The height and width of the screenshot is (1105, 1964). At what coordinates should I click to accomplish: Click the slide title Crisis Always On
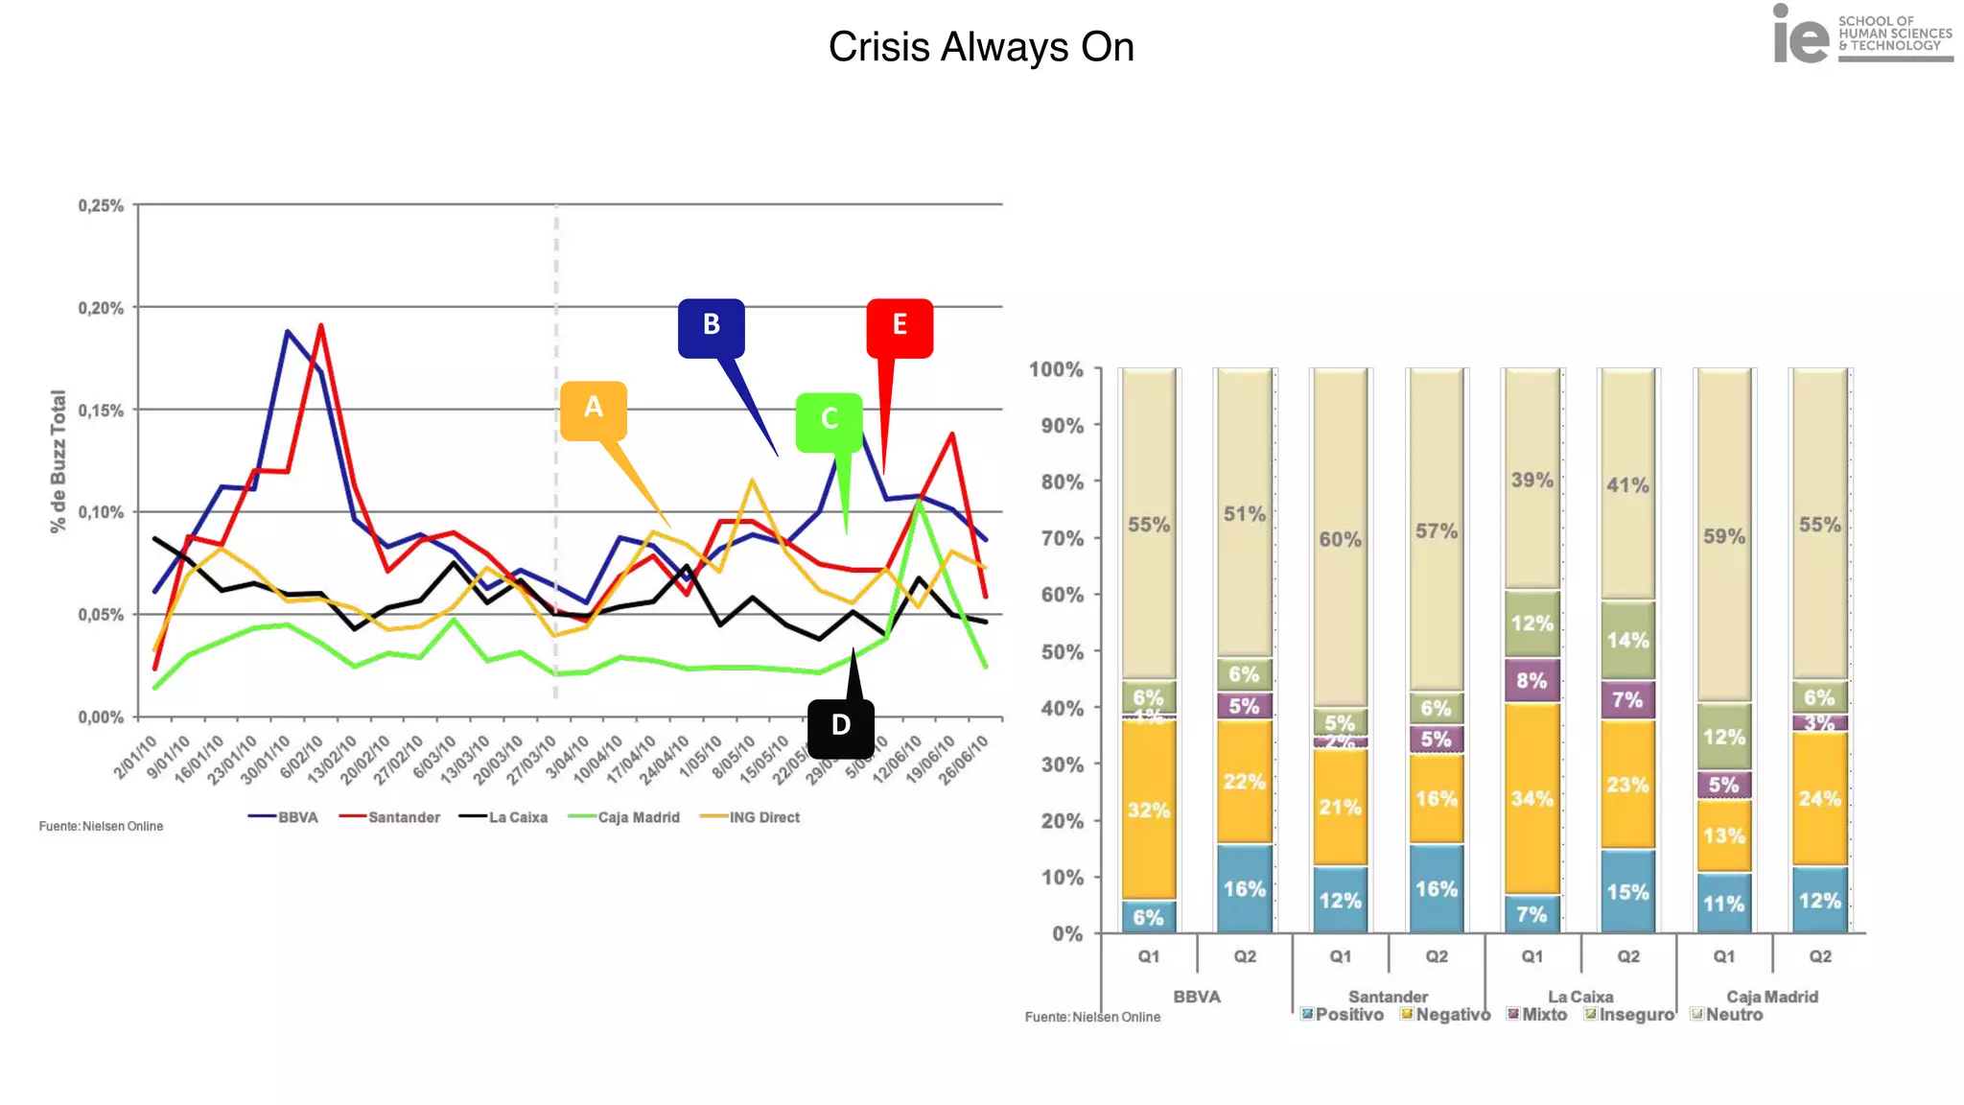(981, 47)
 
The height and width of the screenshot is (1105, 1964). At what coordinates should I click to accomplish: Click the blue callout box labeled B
(711, 327)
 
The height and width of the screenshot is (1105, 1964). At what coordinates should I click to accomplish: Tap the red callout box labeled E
(900, 327)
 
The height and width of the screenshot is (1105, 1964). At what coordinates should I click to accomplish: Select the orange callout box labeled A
(594, 410)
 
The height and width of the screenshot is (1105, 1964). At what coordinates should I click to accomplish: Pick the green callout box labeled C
(830, 421)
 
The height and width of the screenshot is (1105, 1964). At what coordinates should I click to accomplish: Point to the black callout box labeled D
(840, 727)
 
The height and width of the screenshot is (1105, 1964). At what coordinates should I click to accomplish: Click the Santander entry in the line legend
(403, 817)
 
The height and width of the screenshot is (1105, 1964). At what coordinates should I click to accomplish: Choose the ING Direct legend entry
(763, 817)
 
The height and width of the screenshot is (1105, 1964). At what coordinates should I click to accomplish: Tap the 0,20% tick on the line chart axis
(101, 308)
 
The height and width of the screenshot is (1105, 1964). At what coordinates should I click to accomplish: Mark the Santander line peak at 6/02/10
(320, 326)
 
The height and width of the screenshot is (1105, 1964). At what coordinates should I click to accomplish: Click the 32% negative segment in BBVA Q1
(1148, 811)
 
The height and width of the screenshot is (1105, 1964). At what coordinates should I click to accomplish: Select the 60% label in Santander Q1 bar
(1340, 539)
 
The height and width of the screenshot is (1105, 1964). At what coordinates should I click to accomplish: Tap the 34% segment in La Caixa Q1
(1531, 798)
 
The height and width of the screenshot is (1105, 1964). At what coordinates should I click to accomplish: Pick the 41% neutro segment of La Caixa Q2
(1627, 485)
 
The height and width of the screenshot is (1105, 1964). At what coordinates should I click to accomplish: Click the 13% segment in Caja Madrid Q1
(1723, 835)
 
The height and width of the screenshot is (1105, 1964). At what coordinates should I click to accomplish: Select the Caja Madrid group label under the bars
(1771, 997)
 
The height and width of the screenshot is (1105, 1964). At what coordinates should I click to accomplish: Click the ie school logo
(1861, 35)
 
